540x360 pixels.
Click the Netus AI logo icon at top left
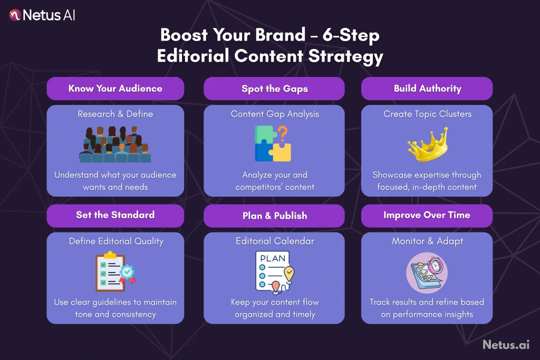tap(15, 15)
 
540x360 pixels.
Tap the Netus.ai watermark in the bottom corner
tap(505, 344)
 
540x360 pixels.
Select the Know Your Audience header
tap(115, 88)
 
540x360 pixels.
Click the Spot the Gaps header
tap(274, 89)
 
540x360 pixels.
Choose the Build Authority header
tap(427, 88)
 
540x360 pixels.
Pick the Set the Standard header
tap(115, 215)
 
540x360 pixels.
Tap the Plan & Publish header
tap(274, 216)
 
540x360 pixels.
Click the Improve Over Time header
tap(427, 215)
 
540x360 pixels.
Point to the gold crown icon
tap(428, 144)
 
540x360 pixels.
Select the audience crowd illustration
tap(115, 144)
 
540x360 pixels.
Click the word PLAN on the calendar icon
tap(273, 258)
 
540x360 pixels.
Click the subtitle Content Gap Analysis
tap(274, 114)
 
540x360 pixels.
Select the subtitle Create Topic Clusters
tap(427, 114)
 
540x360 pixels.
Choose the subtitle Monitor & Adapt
tap(427, 241)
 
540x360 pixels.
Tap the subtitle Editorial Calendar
tap(274, 241)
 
